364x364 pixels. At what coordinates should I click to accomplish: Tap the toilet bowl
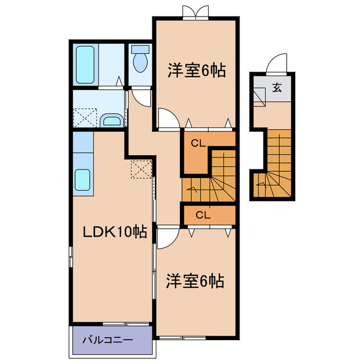[x=139, y=60]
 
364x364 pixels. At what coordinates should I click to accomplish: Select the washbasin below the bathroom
[x=112, y=120]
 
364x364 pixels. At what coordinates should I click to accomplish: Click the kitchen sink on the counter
[x=83, y=181]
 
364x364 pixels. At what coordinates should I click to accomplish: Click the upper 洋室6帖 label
[x=196, y=71]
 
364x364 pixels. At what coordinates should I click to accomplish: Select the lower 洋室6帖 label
[x=195, y=280]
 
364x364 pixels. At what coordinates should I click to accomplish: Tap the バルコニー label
[x=107, y=341]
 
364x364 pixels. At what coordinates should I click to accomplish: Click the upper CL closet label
[x=197, y=143]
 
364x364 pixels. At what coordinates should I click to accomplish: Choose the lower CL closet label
[x=203, y=214]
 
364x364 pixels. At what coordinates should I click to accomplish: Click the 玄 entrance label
[x=276, y=88]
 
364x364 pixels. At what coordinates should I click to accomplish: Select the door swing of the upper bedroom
[x=168, y=118]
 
